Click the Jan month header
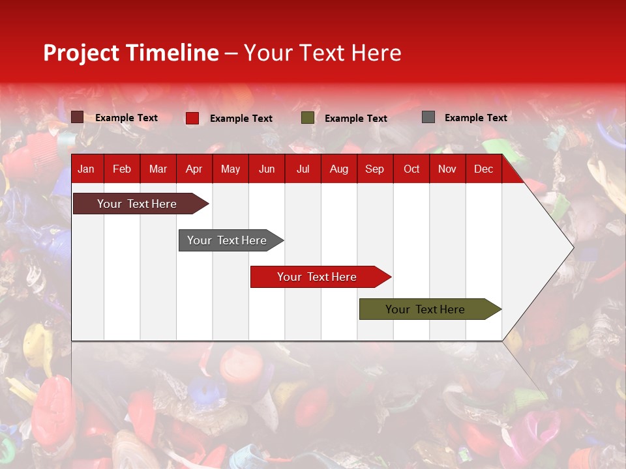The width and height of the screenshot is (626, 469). click(x=86, y=169)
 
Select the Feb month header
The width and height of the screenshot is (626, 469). click(x=122, y=169)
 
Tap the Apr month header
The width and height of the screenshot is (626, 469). click(x=194, y=169)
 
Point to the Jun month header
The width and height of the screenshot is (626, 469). click(x=267, y=169)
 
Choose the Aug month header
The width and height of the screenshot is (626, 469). click(x=338, y=169)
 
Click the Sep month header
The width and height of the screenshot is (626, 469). click(x=374, y=169)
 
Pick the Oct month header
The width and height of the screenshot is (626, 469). click(x=411, y=169)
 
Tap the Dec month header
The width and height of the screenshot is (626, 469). click(x=483, y=169)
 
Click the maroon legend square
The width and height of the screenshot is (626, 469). click(x=78, y=117)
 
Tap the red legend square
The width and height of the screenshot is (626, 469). click(x=192, y=118)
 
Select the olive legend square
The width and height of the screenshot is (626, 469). click(x=308, y=118)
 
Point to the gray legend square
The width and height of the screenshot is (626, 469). click(x=428, y=117)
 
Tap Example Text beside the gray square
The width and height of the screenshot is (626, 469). click(x=475, y=118)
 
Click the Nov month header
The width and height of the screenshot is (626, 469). click(x=447, y=169)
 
